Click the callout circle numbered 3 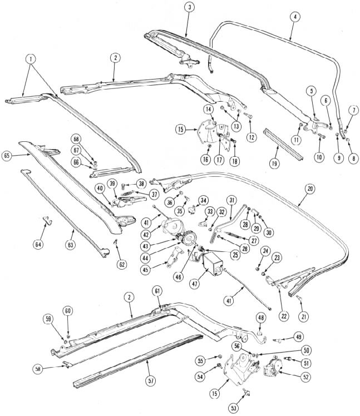[189, 8]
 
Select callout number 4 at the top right [295, 17]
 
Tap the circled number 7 [353, 111]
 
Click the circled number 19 [274, 163]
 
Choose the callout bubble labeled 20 [310, 189]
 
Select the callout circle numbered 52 [306, 377]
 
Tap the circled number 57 [151, 381]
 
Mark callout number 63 [70, 245]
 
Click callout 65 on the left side [6, 155]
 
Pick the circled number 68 [76, 139]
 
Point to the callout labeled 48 [261, 318]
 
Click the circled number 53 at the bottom [234, 408]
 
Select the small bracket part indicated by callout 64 [47, 220]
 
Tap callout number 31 [232, 201]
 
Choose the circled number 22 [284, 316]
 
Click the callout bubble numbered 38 [142, 184]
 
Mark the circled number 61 [157, 291]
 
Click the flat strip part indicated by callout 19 [283, 144]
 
